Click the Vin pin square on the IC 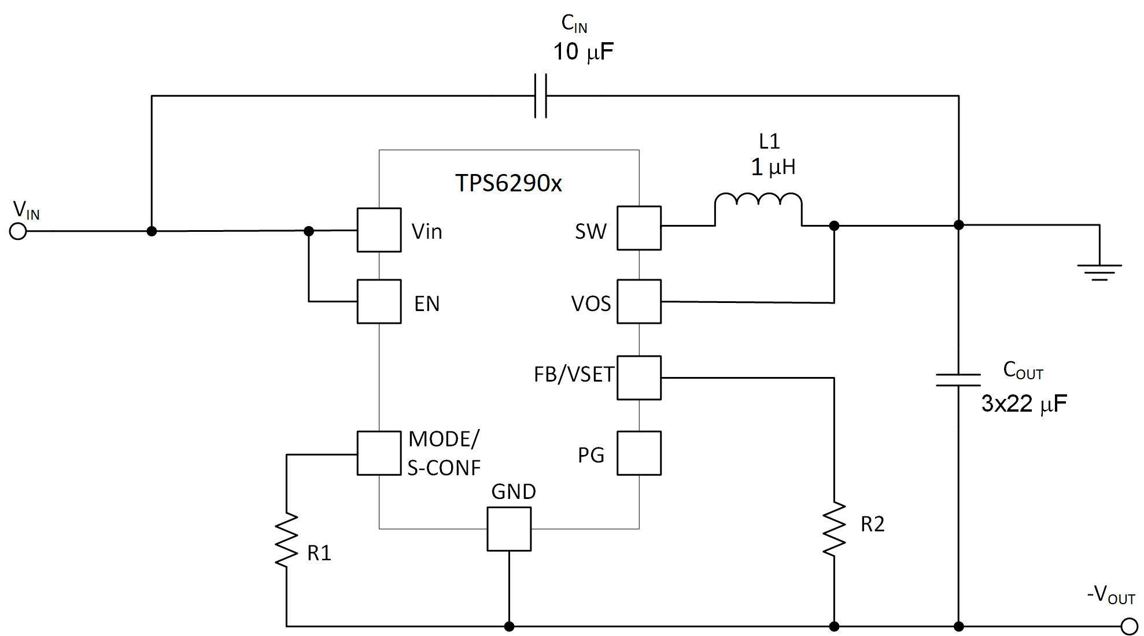pos(379,230)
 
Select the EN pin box pos(379,301)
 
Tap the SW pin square pos(639,228)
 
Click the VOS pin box pos(639,301)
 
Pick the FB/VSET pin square pos(639,378)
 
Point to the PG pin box pos(639,453)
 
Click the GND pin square pos(509,529)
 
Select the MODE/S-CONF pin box pos(379,453)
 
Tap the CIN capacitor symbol pos(540,96)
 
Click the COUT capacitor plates pos(958,380)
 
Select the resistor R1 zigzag pos(286,539)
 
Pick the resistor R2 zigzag pos(834,529)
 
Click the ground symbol pos(1099,272)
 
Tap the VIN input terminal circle pos(19,231)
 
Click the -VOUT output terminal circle pos(1129,626)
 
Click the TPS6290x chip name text pos(508,183)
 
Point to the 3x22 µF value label pos(1024,404)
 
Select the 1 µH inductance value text pos(773,167)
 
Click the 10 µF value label pos(583,52)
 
